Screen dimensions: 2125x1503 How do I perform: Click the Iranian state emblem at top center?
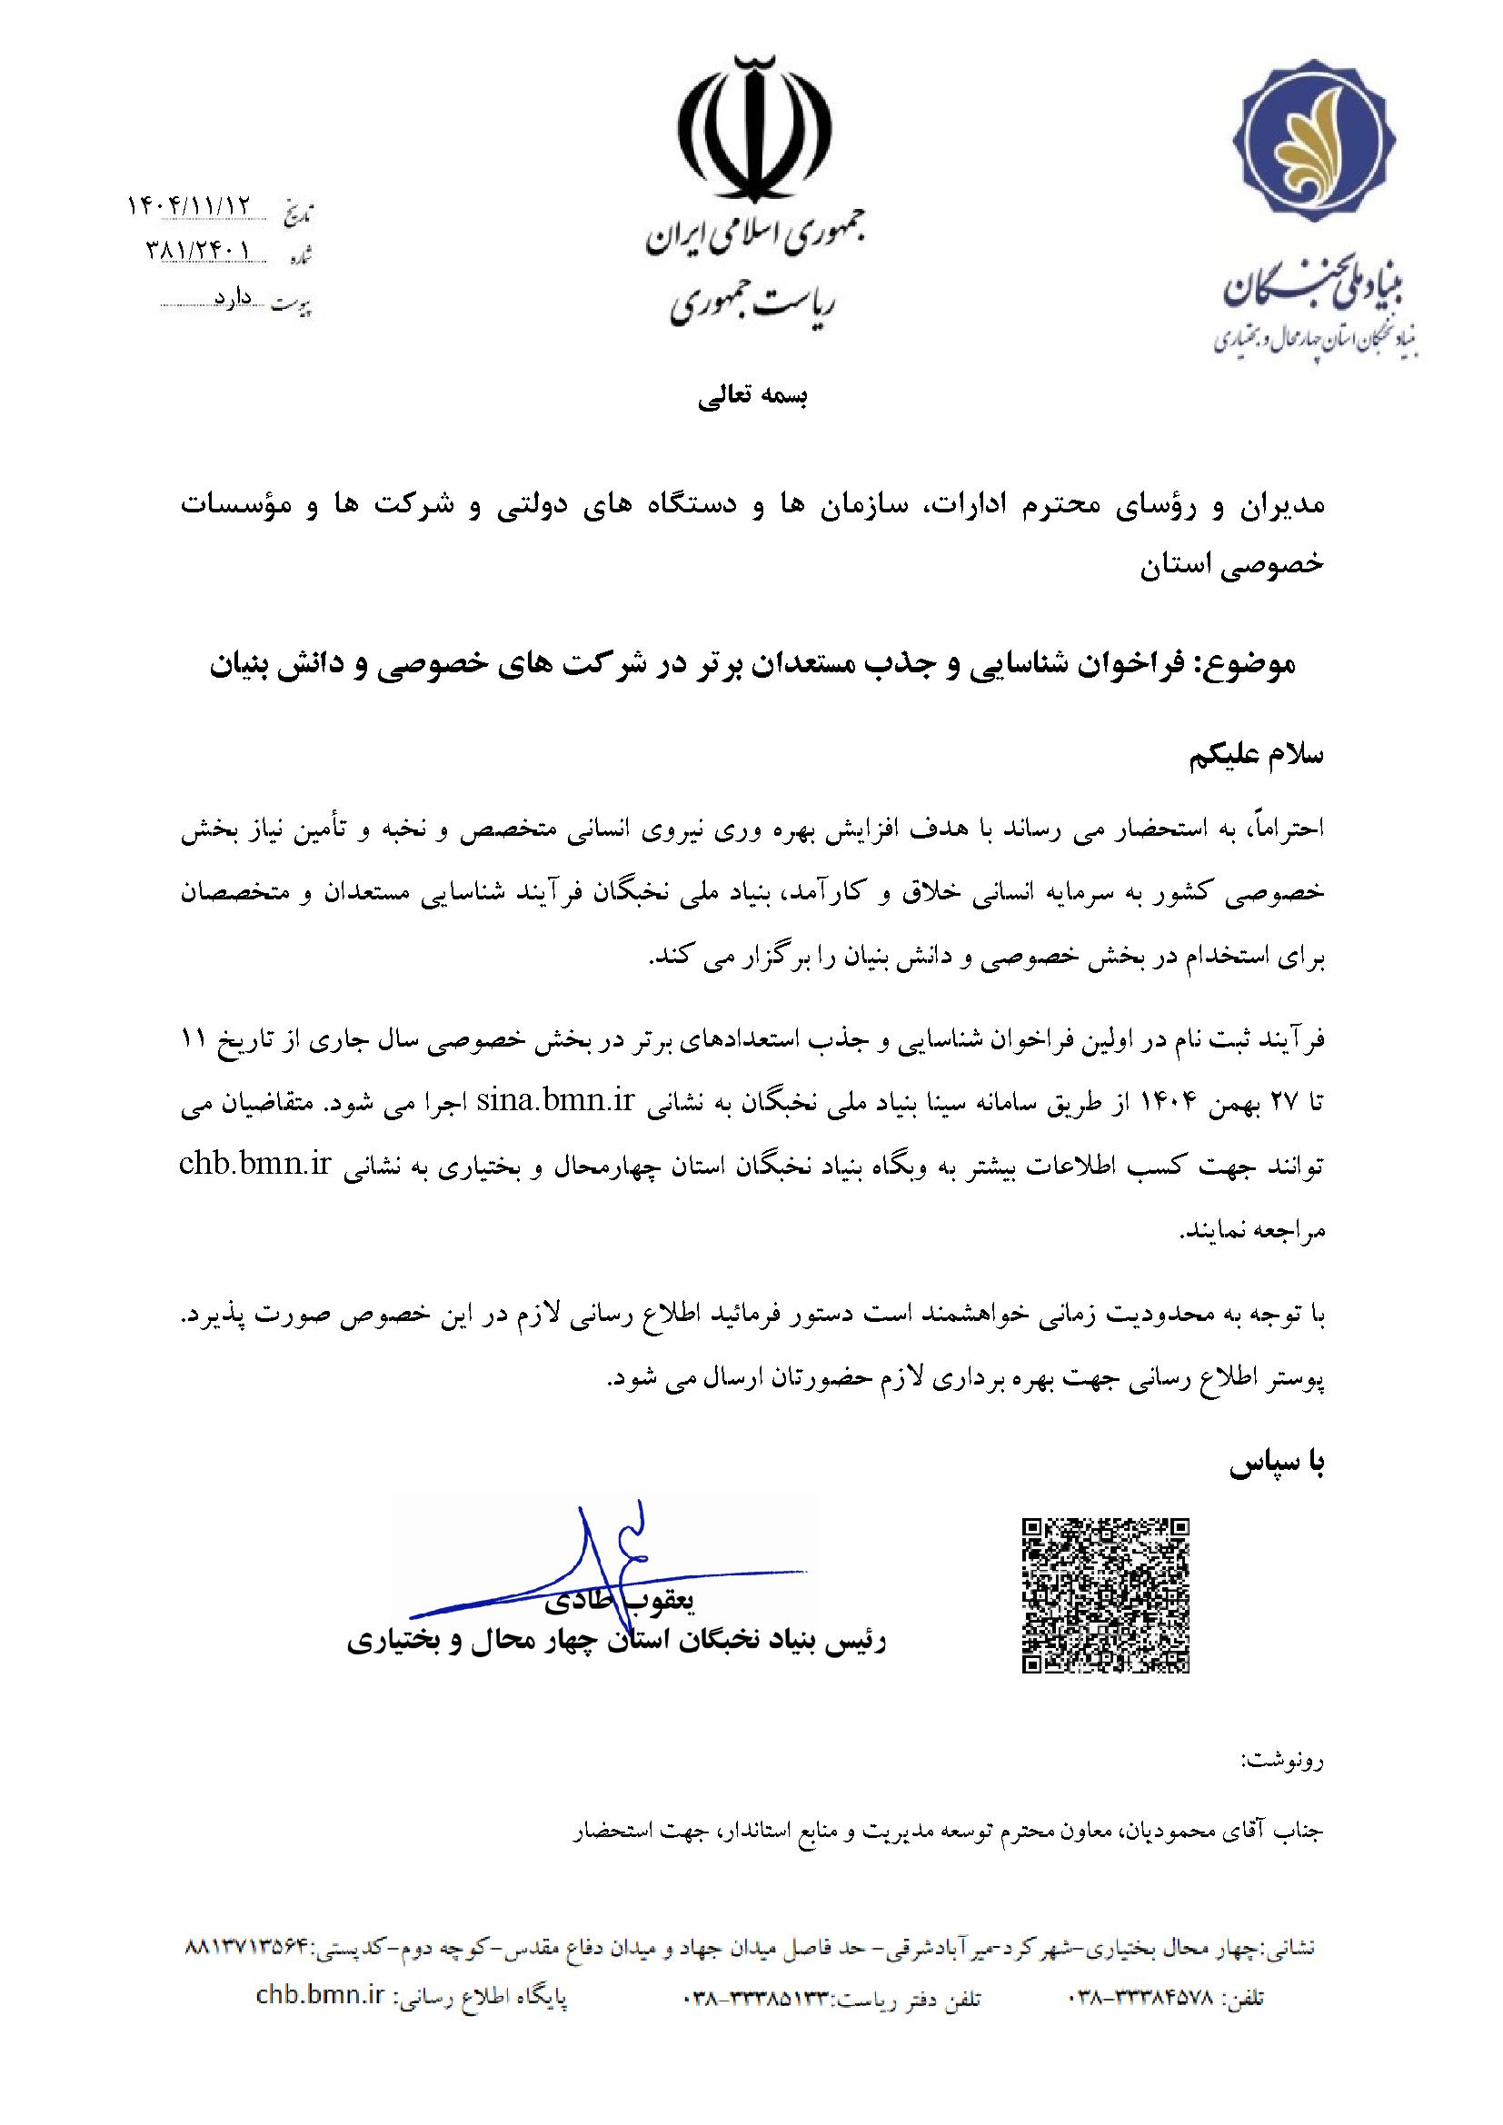click(751, 129)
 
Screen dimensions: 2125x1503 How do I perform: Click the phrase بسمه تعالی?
click(752, 397)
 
